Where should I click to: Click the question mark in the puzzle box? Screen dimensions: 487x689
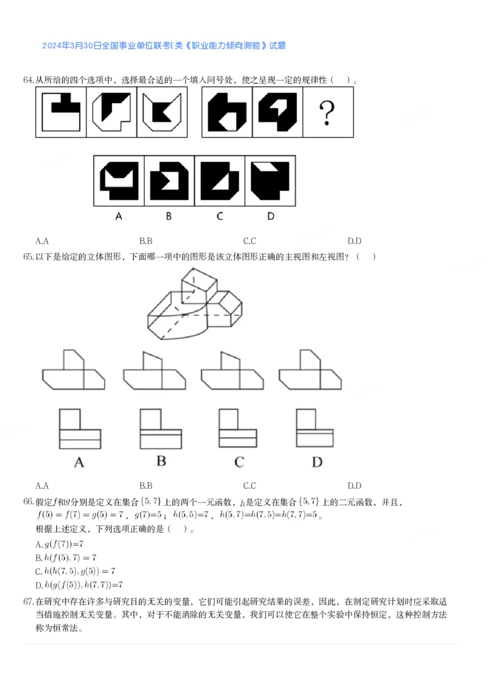click(x=328, y=113)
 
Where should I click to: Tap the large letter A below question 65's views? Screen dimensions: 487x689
click(x=79, y=463)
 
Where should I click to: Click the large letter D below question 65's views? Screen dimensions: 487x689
click(x=317, y=462)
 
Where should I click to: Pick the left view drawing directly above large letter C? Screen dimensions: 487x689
click(x=237, y=428)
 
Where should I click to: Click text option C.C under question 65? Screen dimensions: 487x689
click(x=249, y=485)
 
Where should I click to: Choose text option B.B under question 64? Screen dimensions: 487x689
click(x=145, y=240)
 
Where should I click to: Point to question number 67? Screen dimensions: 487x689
click(x=28, y=602)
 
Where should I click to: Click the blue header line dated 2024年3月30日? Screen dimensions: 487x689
click(x=164, y=45)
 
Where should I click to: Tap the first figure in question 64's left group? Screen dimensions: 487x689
click(x=61, y=113)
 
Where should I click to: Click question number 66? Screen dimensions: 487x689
click(x=28, y=502)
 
